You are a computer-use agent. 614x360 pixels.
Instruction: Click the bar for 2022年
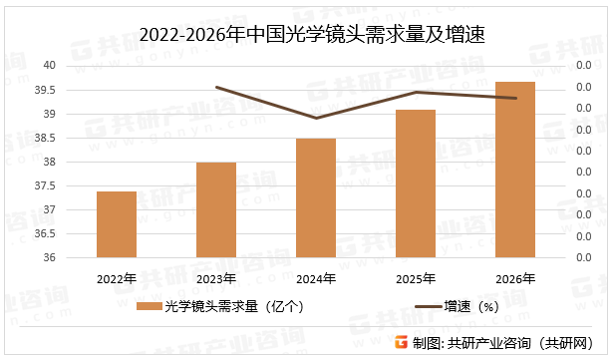116,224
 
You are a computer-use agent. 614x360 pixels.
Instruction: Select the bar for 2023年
216,209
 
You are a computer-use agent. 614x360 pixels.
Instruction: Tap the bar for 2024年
316,197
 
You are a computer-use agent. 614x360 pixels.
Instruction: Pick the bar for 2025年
416,183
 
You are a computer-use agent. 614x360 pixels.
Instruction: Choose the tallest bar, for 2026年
515,170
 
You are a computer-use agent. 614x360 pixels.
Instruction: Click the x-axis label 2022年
116,277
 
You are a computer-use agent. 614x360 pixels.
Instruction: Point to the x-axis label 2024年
316,277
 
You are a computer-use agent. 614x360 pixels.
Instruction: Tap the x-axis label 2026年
515,277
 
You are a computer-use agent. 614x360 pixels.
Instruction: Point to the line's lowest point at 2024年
316,119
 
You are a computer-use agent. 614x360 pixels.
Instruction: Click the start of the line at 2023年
216,88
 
